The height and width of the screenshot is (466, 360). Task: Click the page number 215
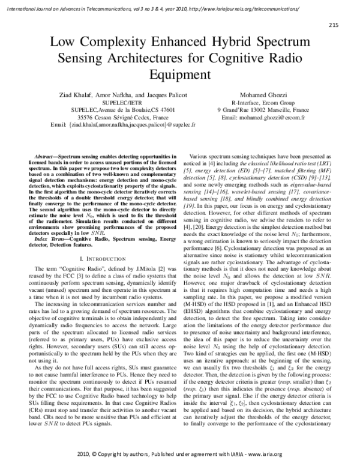335,25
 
